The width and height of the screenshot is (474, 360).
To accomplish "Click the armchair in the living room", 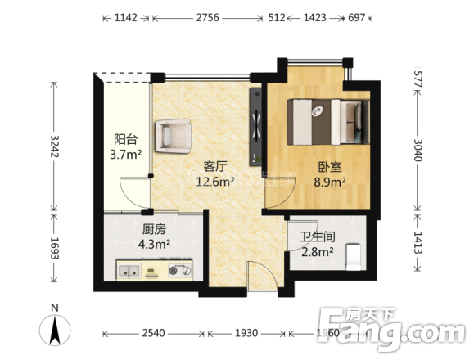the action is pyautogui.click(x=174, y=136).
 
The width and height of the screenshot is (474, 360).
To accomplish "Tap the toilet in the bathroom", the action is pyautogui.click(x=353, y=257).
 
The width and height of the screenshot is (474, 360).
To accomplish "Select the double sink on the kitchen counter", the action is pyautogui.click(x=129, y=271).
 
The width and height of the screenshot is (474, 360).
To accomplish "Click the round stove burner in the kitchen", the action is pyautogui.click(x=173, y=271).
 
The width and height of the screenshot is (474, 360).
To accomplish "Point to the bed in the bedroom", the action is pyautogui.click(x=328, y=122).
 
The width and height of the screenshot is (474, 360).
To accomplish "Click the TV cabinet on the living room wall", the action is pyautogui.click(x=255, y=127).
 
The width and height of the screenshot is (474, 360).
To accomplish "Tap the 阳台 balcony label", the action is pyautogui.click(x=126, y=139).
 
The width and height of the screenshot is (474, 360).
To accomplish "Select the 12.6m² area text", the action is pyautogui.click(x=215, y=182).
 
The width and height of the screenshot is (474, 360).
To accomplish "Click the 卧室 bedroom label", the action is pyautogui.click(x=330, y=166).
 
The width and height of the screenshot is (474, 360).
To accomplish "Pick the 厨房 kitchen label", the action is pyautogui.click(x=154, y=229).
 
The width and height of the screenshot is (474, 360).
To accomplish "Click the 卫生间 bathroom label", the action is pyautogui.click(x=318, y=236).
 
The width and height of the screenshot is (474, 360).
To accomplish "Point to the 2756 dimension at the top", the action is pyautogui.click(x=207, y=18).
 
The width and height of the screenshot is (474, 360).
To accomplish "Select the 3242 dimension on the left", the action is pyautogui.click(x=55, y=146).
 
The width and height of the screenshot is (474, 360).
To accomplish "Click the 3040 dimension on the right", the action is pyautogui.click(x=418, y=150).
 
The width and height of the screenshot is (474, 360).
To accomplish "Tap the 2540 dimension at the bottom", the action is pyautogui.click(x=154, y=333).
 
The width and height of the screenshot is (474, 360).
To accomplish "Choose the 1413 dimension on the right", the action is pyautogui.click(x=418, y=242).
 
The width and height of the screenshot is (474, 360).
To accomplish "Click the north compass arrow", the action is pyautogui.click(x=55, y=330).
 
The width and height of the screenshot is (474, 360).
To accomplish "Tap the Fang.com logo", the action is pyautogui.click(x=391, y=328).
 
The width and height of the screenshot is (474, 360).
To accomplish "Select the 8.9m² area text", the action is pyautogui.click(x=330, y=182).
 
